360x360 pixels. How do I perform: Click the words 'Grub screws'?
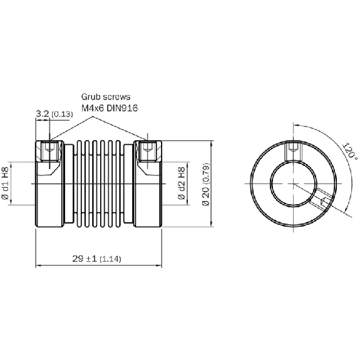point(106,97)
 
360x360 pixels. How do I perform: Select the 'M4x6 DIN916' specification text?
point(110,108)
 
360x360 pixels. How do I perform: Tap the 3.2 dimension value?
point(43,113)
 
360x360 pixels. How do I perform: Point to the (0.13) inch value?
point(62,114)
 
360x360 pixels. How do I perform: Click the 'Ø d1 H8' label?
point(5,183)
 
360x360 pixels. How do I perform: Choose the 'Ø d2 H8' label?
point(182,183)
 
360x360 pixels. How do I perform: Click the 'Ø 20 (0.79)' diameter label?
point(206,185)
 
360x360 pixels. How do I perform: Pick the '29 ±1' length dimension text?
point(85,259)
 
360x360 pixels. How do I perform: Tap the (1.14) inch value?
point(110,259)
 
